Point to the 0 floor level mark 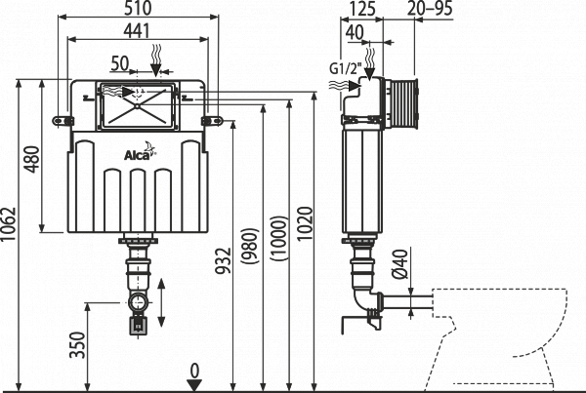click(195, 371)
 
